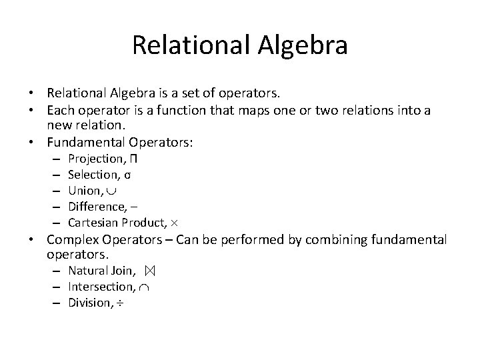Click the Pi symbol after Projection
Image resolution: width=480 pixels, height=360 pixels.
(x=134, y=158)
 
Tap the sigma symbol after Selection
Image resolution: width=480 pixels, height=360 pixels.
(x=127, y=174)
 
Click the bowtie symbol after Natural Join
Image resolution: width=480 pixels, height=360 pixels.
(x=149, y=271)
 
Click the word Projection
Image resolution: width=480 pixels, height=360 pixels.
(x=93, y=158)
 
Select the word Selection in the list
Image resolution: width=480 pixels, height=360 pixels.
(x=91, y=174)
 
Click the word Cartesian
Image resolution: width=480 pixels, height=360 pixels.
(x=91, y=222)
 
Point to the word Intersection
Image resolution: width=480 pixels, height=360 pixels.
(x=100, y=287)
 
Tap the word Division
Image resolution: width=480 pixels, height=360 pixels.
(x=89, y=303)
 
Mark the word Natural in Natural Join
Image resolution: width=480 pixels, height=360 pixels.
(x=88, y=271)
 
